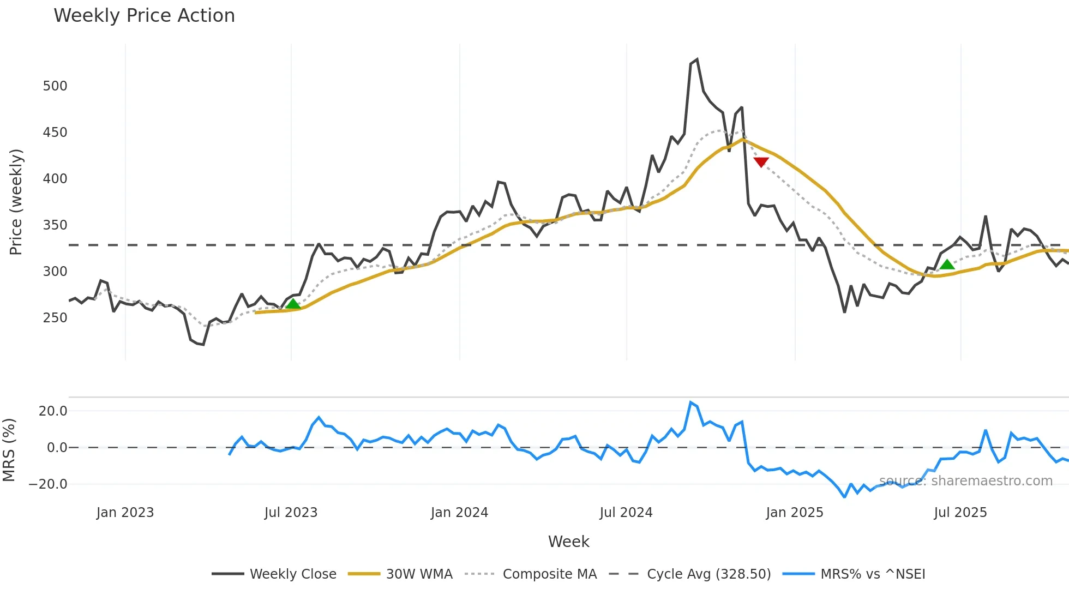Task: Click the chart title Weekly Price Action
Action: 144,16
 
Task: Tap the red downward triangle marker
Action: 761,162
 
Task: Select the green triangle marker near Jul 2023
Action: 293,304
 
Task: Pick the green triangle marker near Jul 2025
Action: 947,265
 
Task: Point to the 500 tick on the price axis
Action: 55,86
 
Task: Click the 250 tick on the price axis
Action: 55,318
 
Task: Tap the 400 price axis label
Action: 55,179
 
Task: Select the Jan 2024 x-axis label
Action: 459,513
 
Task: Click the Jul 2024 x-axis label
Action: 626,513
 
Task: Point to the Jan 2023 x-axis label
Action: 125,513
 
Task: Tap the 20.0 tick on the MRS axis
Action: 53,411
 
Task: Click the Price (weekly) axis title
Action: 16,202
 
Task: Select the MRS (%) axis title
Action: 9,450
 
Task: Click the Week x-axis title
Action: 568,542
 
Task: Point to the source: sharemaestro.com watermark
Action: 965,481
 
